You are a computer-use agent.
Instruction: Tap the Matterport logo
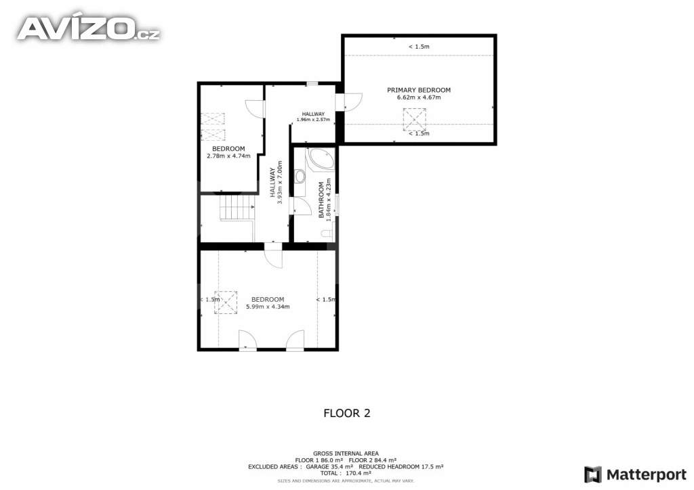(x=636, y=474)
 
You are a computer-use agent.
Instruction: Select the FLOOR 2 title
(x=347, y=413)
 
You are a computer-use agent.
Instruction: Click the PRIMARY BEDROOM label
(x=419, y=90)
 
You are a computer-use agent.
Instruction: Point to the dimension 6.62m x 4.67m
(x=419, y=97)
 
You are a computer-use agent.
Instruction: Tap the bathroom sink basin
(x=300, y=177)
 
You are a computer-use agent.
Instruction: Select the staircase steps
(x=237, y=207)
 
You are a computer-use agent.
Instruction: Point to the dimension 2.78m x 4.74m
(x=228, y=156)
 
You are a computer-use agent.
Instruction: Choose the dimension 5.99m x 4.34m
(x=268, y=307)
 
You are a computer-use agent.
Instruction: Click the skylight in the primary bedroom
(x=414, y=120)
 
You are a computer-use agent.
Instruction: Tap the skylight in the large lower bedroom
(x=226, y=303)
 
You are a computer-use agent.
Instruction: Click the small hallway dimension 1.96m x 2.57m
(x=313, y=120)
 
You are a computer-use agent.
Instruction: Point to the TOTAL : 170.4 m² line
(x=346, y=473)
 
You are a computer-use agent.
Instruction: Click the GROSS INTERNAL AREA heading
(x=346, y=453)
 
